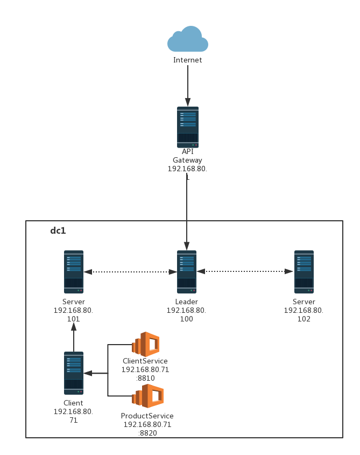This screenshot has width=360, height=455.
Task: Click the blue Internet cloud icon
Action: coord(187,39)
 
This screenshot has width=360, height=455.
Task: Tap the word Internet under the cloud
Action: coord(187,60)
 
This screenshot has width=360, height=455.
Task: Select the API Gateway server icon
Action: coord(187,127)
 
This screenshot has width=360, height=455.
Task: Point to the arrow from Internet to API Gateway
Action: coord(187,86)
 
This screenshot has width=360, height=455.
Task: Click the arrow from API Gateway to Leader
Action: coord(187,210)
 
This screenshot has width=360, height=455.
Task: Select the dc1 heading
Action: coord(58,231)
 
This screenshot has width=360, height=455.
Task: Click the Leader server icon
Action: coord(187,271)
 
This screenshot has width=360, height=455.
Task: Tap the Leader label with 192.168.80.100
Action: coord(186,311)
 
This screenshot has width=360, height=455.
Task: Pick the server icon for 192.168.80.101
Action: coord(74,271)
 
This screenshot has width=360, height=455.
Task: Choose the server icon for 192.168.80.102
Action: coord(304,271)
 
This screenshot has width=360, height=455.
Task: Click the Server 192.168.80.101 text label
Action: coord(73,311)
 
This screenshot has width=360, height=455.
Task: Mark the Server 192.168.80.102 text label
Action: coord(303,311)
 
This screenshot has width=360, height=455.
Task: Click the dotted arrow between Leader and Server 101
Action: coord(130,272)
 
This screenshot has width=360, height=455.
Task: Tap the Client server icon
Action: coord(74,373)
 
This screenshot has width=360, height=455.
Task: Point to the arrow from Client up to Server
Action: coord(74,340)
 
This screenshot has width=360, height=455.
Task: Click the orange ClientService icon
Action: coord(146,344)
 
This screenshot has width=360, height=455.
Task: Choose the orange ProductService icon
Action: coord(148,396)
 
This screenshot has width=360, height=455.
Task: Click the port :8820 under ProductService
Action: coord(147,433)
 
